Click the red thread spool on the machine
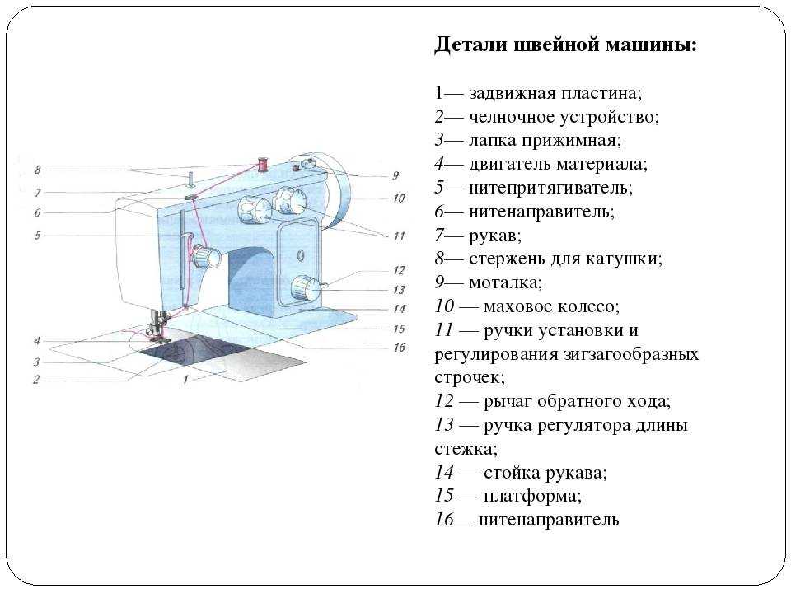[x=262, y=165]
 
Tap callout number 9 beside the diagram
[x=395, y=175]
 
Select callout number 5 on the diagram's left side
[x=37, y=235]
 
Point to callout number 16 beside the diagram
[x=399, y=348]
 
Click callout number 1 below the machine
[x=185, y=379]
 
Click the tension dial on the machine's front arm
[x=205, y=257]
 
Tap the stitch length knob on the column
[x=306, y=289]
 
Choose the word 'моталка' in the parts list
[x=505, y=282]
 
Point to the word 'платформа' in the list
[x=532, y=496]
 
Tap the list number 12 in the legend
[x=444, y=401]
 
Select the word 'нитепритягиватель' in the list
[x=550, y=188]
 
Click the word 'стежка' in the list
[x=466, y=448]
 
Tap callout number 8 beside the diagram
[x=37, y=170]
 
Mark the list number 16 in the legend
[x=444, y=520]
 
